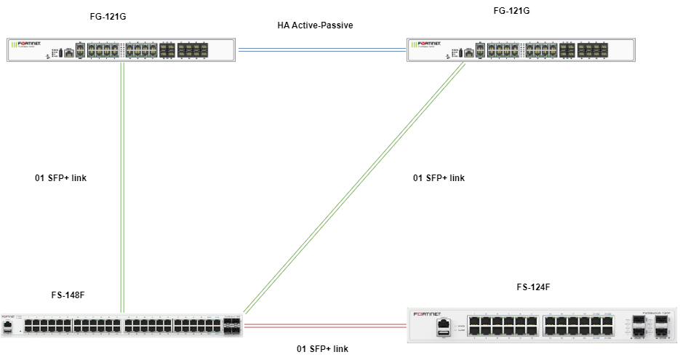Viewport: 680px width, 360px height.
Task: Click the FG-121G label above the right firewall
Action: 511,11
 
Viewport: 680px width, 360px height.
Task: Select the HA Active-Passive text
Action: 315,25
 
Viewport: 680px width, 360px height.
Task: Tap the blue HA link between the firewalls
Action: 321,49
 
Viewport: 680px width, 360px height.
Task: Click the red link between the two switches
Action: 325,327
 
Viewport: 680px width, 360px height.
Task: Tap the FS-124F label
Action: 533,287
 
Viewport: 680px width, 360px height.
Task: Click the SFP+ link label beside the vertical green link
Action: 61,178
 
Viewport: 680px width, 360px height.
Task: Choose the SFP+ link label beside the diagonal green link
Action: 439,178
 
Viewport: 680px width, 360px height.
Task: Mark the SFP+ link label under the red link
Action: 322,349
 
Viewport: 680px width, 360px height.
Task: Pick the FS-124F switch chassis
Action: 543,324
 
